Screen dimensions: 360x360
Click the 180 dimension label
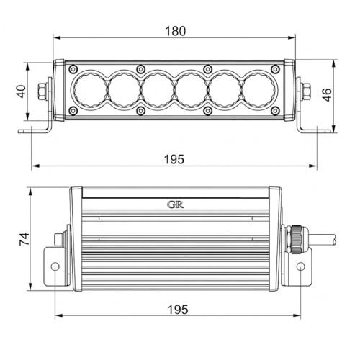[x=176, y=31]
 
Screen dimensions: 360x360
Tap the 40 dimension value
[x=22, y=91]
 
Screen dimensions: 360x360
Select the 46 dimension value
[x=327, y=95]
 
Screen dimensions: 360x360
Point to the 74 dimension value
[x=24, y=239]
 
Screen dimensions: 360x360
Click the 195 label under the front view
[x=174, y=159]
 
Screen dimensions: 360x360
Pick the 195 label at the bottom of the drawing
[x=178, y=310]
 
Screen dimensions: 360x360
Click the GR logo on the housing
[x=176, y=204]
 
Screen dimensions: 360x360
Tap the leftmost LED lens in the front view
[x=90, y=91]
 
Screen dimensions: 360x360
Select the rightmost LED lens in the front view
[x=258, y=91]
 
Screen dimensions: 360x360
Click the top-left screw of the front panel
[x=73, y=69]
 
